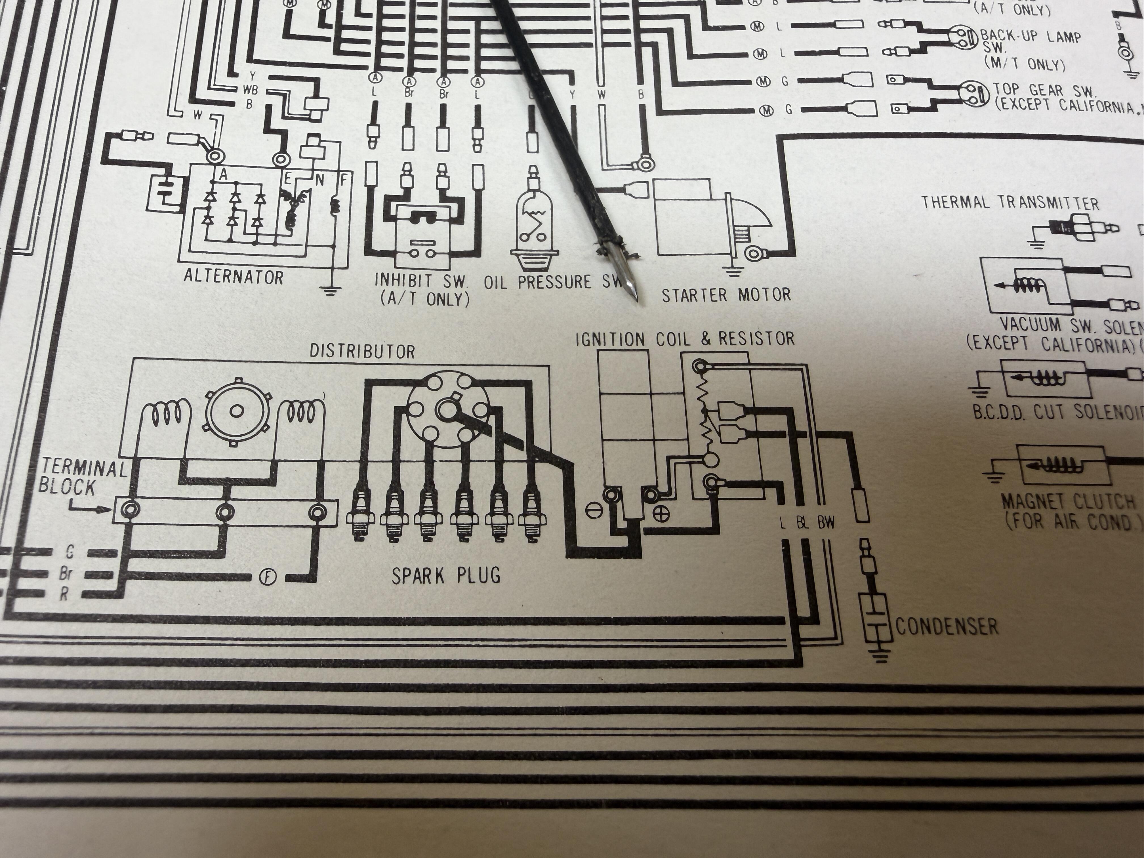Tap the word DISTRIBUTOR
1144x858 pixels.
(x=362, y=352)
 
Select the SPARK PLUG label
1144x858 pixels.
(x=446, y=575)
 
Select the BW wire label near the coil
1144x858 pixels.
(x=826, y=524)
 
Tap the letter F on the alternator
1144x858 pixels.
(x=342, y=180)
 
